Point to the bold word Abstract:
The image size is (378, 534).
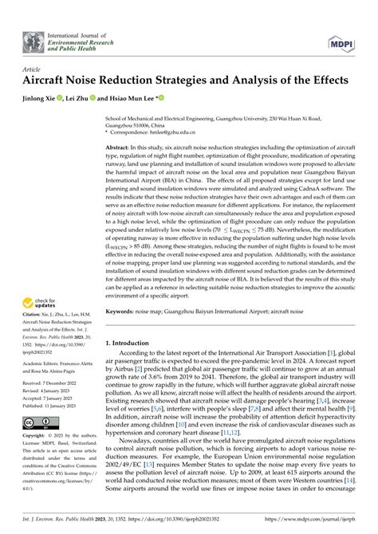120,148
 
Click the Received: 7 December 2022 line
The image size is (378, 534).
54,405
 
